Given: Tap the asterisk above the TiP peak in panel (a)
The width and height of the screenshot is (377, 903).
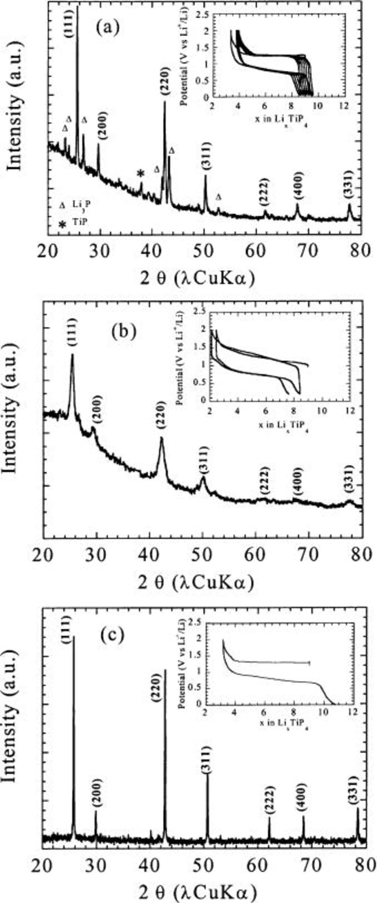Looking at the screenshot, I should (141, 174).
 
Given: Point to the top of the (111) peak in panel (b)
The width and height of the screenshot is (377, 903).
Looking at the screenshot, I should (73, 354).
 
